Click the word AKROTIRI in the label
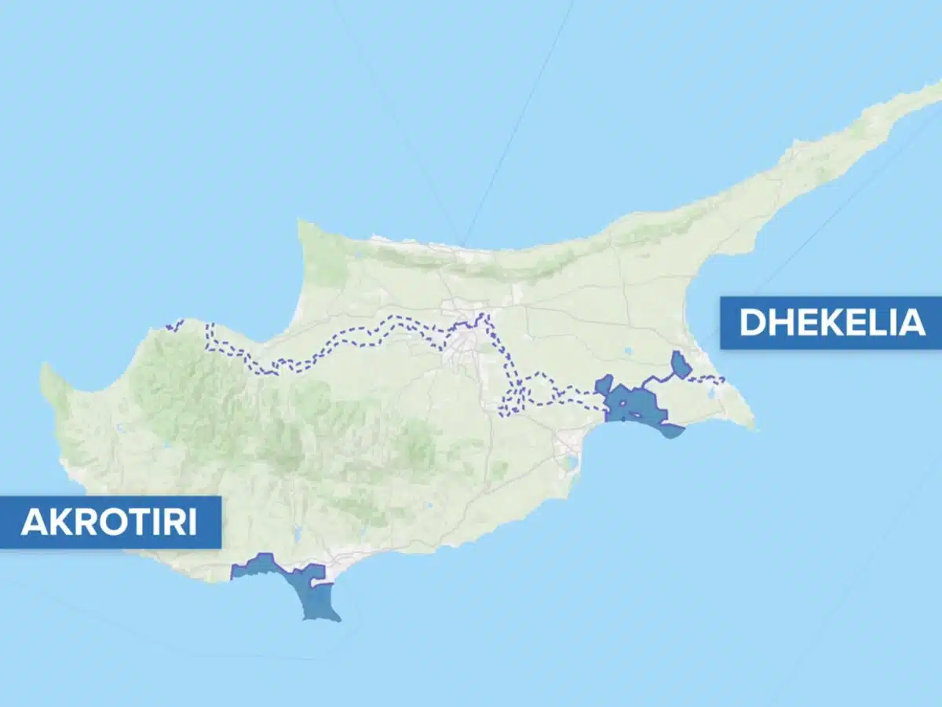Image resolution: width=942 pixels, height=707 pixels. pyautogui.click(x=109, y=522)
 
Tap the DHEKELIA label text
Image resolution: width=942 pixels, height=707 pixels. pyautogui.click(x=832, y=323)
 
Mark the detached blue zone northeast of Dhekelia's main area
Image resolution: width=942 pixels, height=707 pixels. pyautogui.click(x=681, y=364)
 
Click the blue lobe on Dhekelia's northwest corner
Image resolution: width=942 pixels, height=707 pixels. pyautogui.click(x=604, y=385)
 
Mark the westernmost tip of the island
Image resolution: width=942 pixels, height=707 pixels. pyautogui.click(x=43, y=368)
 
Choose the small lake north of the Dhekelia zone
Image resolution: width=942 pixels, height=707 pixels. pyautogui.click(x=628, y=351)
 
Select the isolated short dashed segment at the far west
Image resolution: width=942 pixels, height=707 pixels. pyautogui.click(x=174, y=324)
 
